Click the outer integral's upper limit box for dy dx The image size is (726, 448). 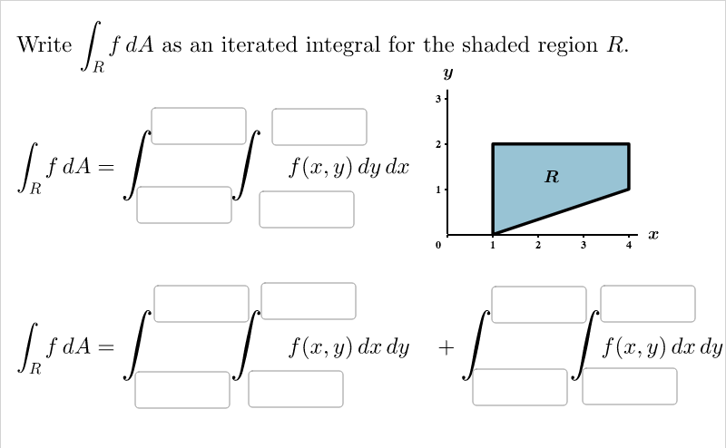tap(199, 125)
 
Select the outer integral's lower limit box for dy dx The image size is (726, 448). tap(184, 204)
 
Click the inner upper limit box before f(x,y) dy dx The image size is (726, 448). tap(319, 126)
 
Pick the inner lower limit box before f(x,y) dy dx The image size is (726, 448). tap(307, 209)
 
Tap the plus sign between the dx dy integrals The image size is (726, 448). tap(446, 347)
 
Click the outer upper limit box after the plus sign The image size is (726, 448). tap(539, 304)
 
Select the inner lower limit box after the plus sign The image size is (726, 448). tap(630, 385)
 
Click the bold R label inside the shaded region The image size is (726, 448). tap(552, 176)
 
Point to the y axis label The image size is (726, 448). tap(448, 73)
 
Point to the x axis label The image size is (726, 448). tap(652, 235)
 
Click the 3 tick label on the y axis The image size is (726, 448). tap(437, 98)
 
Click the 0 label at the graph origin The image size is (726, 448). tap(437, 245)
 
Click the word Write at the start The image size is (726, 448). tap(44, 45)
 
